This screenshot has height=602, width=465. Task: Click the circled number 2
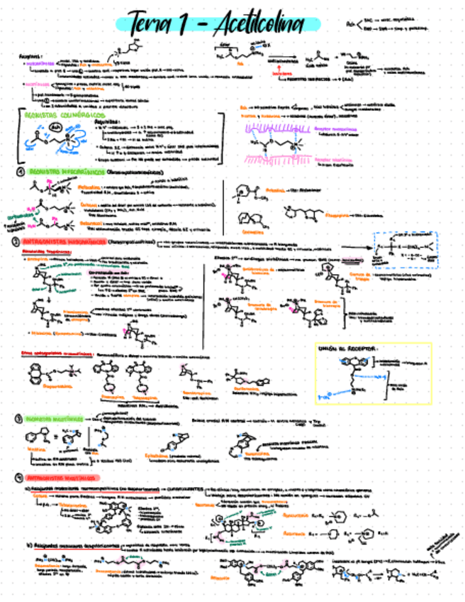[x=16, y=242]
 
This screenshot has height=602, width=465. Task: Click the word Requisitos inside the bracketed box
[x=106, y=121]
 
